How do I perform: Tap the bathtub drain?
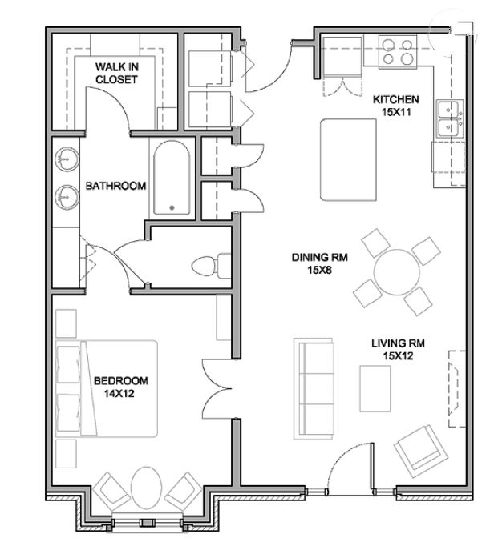[172, 207]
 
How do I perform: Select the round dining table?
[397, 272]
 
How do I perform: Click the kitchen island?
[348, 159]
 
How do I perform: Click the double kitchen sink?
[450, 119]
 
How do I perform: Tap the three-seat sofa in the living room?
[314, 388]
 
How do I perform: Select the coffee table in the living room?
[375, 388]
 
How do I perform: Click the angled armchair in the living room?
[421, 451]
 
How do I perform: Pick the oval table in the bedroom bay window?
[146, 488]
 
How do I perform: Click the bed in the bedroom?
[106, 388]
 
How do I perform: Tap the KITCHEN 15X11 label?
[396, 106]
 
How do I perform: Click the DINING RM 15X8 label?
[320, 263]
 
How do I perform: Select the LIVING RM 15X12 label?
[398, 349]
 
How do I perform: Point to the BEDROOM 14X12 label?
[120, 387]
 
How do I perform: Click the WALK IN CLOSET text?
[116, 73]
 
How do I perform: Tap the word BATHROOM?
[115, 186]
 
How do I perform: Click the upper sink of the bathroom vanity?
[67, 159]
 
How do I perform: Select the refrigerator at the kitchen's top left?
[342, 56]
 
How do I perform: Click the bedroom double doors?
[216, 388]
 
